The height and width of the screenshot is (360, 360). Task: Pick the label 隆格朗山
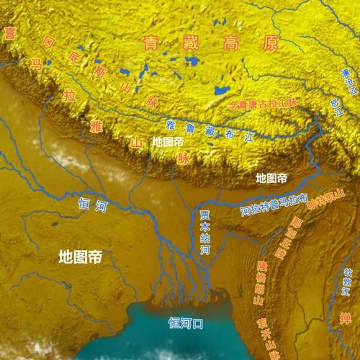click(x=268, y=283)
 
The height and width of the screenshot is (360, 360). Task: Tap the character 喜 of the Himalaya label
click(x=10, y=33)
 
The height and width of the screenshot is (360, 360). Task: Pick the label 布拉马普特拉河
click(x=273, y=205)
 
